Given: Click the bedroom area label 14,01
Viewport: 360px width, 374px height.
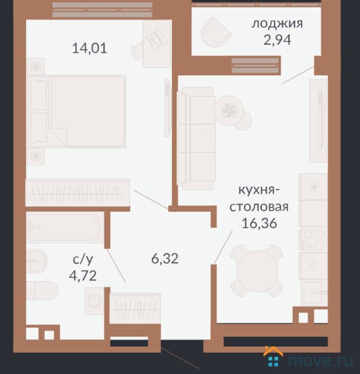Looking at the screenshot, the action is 90,48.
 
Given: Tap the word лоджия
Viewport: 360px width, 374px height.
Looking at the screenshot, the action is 277,24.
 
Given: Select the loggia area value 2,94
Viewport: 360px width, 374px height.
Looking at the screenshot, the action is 277,40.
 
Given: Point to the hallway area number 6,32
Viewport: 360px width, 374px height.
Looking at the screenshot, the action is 165,259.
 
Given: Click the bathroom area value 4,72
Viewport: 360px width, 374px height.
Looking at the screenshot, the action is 83,276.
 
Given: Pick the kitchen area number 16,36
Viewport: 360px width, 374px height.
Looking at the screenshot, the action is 259,223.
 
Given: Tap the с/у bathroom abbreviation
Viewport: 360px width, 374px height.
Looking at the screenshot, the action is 83,260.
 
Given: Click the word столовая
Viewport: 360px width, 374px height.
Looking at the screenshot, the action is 259,207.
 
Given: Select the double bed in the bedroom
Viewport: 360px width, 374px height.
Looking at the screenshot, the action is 77,111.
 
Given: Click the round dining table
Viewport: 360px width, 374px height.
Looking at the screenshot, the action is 257,271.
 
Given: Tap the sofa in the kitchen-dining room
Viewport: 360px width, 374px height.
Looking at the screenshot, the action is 196,138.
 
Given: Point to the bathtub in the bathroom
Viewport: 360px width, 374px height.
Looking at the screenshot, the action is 65,228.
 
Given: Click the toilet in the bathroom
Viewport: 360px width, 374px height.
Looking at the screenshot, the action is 42,290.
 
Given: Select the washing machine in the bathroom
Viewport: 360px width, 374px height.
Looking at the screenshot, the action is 94,301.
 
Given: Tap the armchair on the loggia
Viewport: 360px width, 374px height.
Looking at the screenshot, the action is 216,32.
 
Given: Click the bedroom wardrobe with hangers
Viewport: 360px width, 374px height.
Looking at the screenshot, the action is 77,193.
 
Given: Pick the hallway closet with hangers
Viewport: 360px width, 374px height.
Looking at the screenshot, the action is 135,309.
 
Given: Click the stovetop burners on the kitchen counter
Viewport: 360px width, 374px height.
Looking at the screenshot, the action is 313,239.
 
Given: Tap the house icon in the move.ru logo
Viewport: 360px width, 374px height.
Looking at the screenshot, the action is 273,357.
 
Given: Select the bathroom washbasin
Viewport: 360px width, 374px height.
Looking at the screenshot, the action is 36,261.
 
